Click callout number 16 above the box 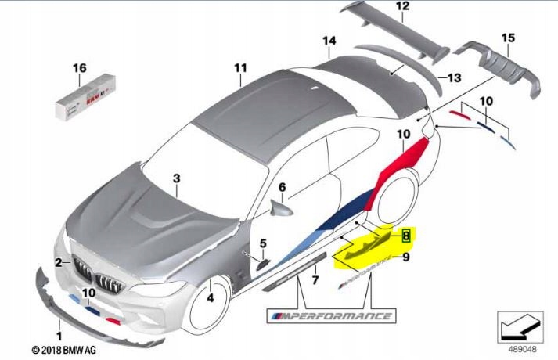pyautogui.click(x=79, y=68)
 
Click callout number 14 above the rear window pyautogui.click(x=329, y=40)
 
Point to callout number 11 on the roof pyautogui.click(x=239, y=68)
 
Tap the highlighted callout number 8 pyautogui.click(x=406, y=235)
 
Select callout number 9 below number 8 pyautogui.click(x=406, y=256)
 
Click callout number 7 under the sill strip pyautogui.click(x=315, y=279)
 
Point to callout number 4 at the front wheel pyautogui.click(x=211, y=297)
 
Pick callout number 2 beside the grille pyautogui.click(x=59, y=262)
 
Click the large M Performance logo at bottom pyautogui.click(x=329, y=315)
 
